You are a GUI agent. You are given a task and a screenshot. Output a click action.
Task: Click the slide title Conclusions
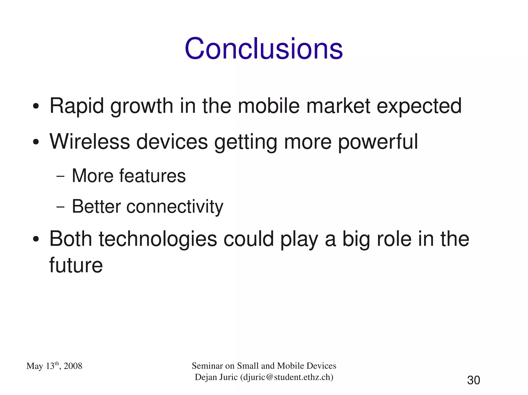[x=263, y=49]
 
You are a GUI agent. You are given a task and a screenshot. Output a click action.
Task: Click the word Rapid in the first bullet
[x=77, y=106]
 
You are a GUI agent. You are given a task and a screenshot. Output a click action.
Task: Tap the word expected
[x=419, y=106]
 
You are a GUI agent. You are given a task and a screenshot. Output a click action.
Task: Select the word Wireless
[x=90, y=142]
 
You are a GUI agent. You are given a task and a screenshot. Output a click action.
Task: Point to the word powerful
[x=378, y=142]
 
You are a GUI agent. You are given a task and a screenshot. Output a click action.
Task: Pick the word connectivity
[x=175, y=207]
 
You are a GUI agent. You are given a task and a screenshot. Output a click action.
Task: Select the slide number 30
[x=473, y=380]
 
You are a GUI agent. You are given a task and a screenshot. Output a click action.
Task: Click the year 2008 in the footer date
[x=73, y=366]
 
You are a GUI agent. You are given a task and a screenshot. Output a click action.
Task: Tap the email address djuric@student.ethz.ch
[x=287, y=377]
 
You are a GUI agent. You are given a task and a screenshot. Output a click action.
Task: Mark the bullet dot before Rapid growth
[x=36, y=106]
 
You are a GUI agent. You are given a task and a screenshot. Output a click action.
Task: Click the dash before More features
[x=60, y=177]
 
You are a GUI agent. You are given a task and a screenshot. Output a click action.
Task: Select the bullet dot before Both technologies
[x=36, y=239]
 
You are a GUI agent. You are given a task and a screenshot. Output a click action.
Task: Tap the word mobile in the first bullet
[x=269, y=106]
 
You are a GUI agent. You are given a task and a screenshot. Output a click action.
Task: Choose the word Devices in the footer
[x=321, y=366]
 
